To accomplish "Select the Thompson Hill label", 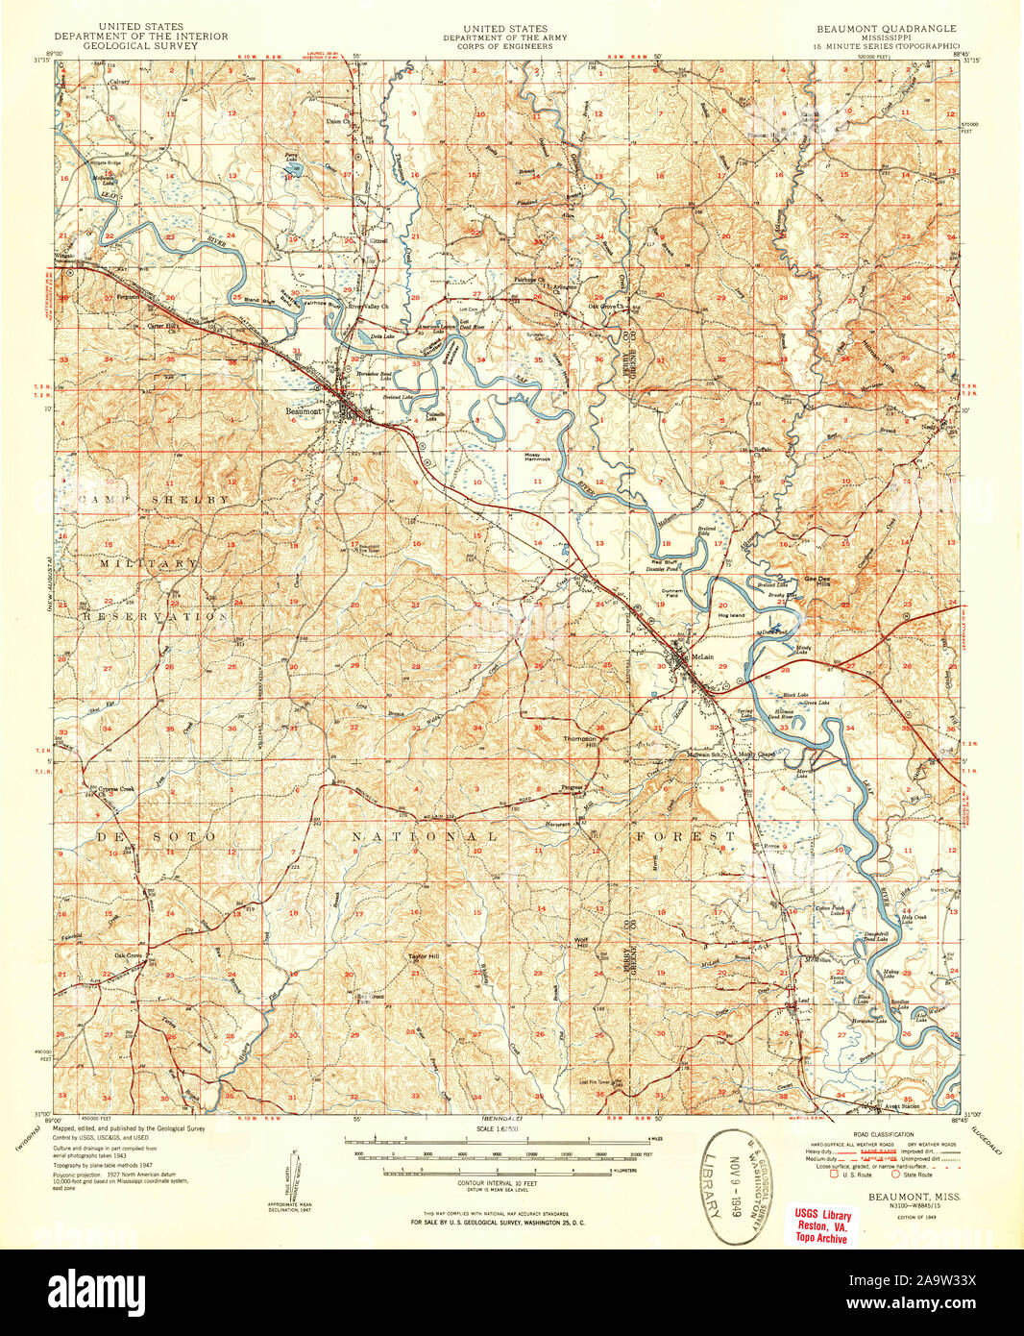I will (580, 741).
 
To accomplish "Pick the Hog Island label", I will (730, 615).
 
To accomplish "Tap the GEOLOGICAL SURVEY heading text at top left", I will (140, 45).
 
